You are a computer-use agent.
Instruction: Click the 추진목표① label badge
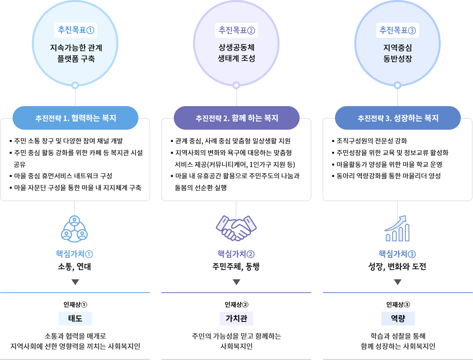(x=75, y=30)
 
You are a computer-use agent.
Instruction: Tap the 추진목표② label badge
(x=236, y=30)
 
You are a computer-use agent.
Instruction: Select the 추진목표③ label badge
(x=398, y=30)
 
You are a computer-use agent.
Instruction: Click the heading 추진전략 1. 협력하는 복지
(x=75, y=118)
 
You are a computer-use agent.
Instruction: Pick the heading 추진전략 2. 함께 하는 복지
(x=237, y=118)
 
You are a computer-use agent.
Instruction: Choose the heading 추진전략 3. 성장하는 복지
(x=398, y=118)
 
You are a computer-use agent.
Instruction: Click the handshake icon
(x=236, y=228)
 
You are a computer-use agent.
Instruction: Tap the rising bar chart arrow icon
(x=397, y=228)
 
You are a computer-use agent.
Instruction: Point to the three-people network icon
(x=74, y=228)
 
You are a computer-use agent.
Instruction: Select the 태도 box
(x=75, y=318)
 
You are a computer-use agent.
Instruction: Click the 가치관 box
(x=236, y=318)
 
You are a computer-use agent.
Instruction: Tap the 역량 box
(x=398, y=318)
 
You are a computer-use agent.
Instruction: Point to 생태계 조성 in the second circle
(x=236, y=59)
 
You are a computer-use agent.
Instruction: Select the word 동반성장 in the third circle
(x=398, y=59)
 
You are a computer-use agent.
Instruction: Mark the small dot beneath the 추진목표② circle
(x=236, y=84)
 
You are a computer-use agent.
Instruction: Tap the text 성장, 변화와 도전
(x=397, y=267)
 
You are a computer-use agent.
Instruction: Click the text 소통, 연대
(x=75, y=267)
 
